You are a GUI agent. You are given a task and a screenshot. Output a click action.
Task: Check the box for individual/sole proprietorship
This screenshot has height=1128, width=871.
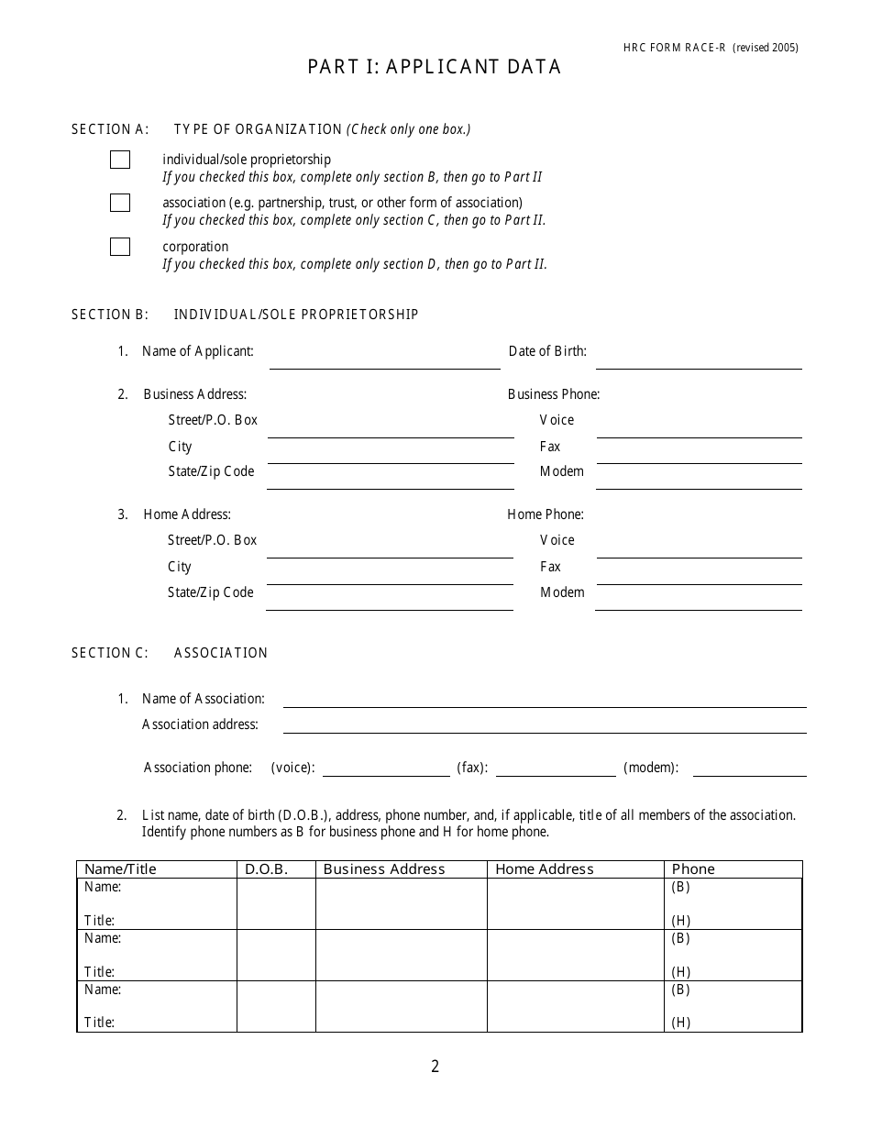point(120,160)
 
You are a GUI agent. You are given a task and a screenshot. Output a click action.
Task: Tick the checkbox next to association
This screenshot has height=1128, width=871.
point(120,203)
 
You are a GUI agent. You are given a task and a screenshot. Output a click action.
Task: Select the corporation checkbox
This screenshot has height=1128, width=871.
point(120,247)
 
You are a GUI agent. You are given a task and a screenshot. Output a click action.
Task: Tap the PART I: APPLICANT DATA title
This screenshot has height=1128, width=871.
point(435,67)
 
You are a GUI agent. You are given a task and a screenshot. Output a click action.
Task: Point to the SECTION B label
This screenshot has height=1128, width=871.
point(109,315)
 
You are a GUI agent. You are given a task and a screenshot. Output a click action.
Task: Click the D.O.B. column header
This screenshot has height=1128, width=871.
point(267,869)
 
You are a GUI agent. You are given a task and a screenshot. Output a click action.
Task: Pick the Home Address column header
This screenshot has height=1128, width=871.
point(545,869)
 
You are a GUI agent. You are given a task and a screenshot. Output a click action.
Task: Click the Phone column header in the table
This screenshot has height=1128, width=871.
point(693,869)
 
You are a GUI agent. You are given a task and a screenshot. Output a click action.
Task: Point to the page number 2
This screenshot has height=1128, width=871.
point(435,1067)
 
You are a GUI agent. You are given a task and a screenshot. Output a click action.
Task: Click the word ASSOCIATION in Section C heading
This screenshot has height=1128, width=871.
point(221,653)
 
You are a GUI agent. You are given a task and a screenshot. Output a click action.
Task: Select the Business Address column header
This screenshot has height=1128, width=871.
point(384,869)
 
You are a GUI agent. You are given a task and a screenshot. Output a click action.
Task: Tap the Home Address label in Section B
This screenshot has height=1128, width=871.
point(187,514)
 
